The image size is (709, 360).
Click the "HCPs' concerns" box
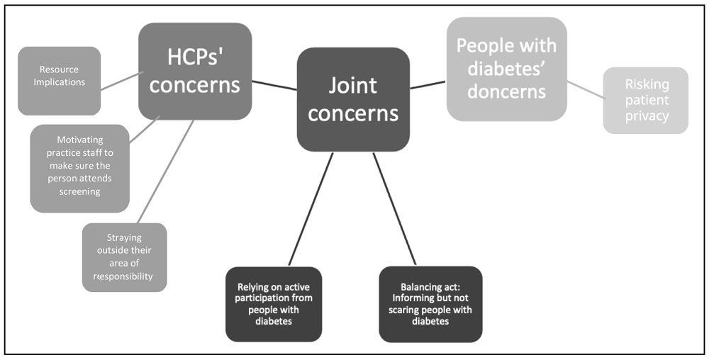pyautogui.click(x=195, y=71)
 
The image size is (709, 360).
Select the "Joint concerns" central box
pyautogui.click(x=353, y=99)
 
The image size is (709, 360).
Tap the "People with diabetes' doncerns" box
pyautogui.click(x=506, y=69)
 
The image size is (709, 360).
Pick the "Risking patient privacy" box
pyautogui.click(x=646, y=100)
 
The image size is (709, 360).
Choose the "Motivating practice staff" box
pyautogui.click(x=79, y=169)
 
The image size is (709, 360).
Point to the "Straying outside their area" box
pyautogui.click(x=124, y=257)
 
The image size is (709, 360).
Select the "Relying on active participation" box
pyautogui.click(x=274, y=304)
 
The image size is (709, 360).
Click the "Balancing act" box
pyautogui.click(x=430, y=304)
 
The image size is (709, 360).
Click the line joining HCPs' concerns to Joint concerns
pyautogui.click(x=274, y=85)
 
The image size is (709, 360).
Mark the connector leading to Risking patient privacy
pyautogui.click(x=585, y=90)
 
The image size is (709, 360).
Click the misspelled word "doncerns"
pyautogui.click(x=506, y=91)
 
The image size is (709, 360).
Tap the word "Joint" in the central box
pyautogui.click(x=353, y=86)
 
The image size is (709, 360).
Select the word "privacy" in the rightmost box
pyautogui.click(x=647, y=116)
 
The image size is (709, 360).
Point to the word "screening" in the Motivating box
pyautogui.click(x=79, y=192)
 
